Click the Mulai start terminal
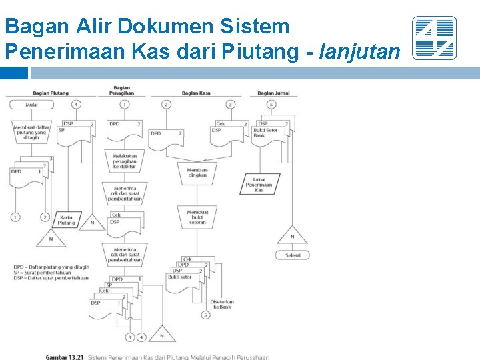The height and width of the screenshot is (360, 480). tap(31, 105)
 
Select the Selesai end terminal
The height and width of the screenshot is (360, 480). tap(293, 255)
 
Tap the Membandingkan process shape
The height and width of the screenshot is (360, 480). tap(197, 173)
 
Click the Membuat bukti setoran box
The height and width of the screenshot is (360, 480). tap(197, 217)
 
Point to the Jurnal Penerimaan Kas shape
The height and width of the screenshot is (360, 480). tap(259, 185)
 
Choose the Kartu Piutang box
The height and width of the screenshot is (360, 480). tap(66, 220)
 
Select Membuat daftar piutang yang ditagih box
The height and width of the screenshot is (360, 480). tap(31, 132)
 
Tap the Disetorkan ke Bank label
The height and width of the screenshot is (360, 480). tap(221, 303)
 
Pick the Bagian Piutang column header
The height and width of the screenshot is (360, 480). tap(51, 93)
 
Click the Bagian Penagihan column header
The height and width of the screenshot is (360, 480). tap(122, 90)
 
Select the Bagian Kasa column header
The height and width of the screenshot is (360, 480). tap(196, 93)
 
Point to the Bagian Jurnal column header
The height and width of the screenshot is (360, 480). tap(273, 93)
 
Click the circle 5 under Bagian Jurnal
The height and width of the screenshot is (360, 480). tap(271, 105)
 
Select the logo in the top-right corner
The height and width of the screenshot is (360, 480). tap(434, 38)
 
